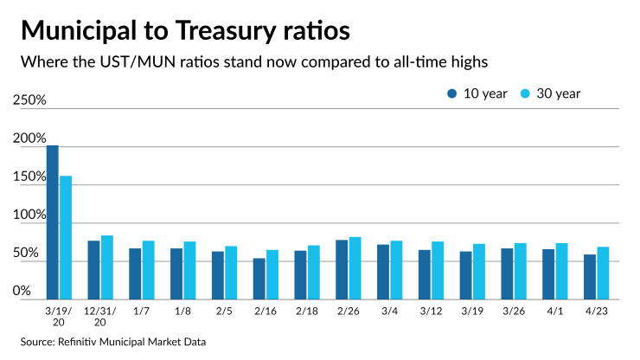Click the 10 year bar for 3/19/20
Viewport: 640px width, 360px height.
click(52, 222)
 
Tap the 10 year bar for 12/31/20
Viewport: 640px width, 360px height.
click(93, 269)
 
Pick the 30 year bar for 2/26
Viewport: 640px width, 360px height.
click(355, 267)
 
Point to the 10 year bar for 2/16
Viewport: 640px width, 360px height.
click(259, 278)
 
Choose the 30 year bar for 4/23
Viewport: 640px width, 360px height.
click(604, 273)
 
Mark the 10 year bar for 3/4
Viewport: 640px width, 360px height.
click(383, 271)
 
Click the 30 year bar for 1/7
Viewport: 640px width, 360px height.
click(149, 269)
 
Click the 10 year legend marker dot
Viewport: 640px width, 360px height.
click(452, 93)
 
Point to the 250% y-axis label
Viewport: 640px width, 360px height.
click(29, 100)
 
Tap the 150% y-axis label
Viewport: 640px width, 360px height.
click(29, 177)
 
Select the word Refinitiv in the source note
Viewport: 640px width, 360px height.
click(81, 342)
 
